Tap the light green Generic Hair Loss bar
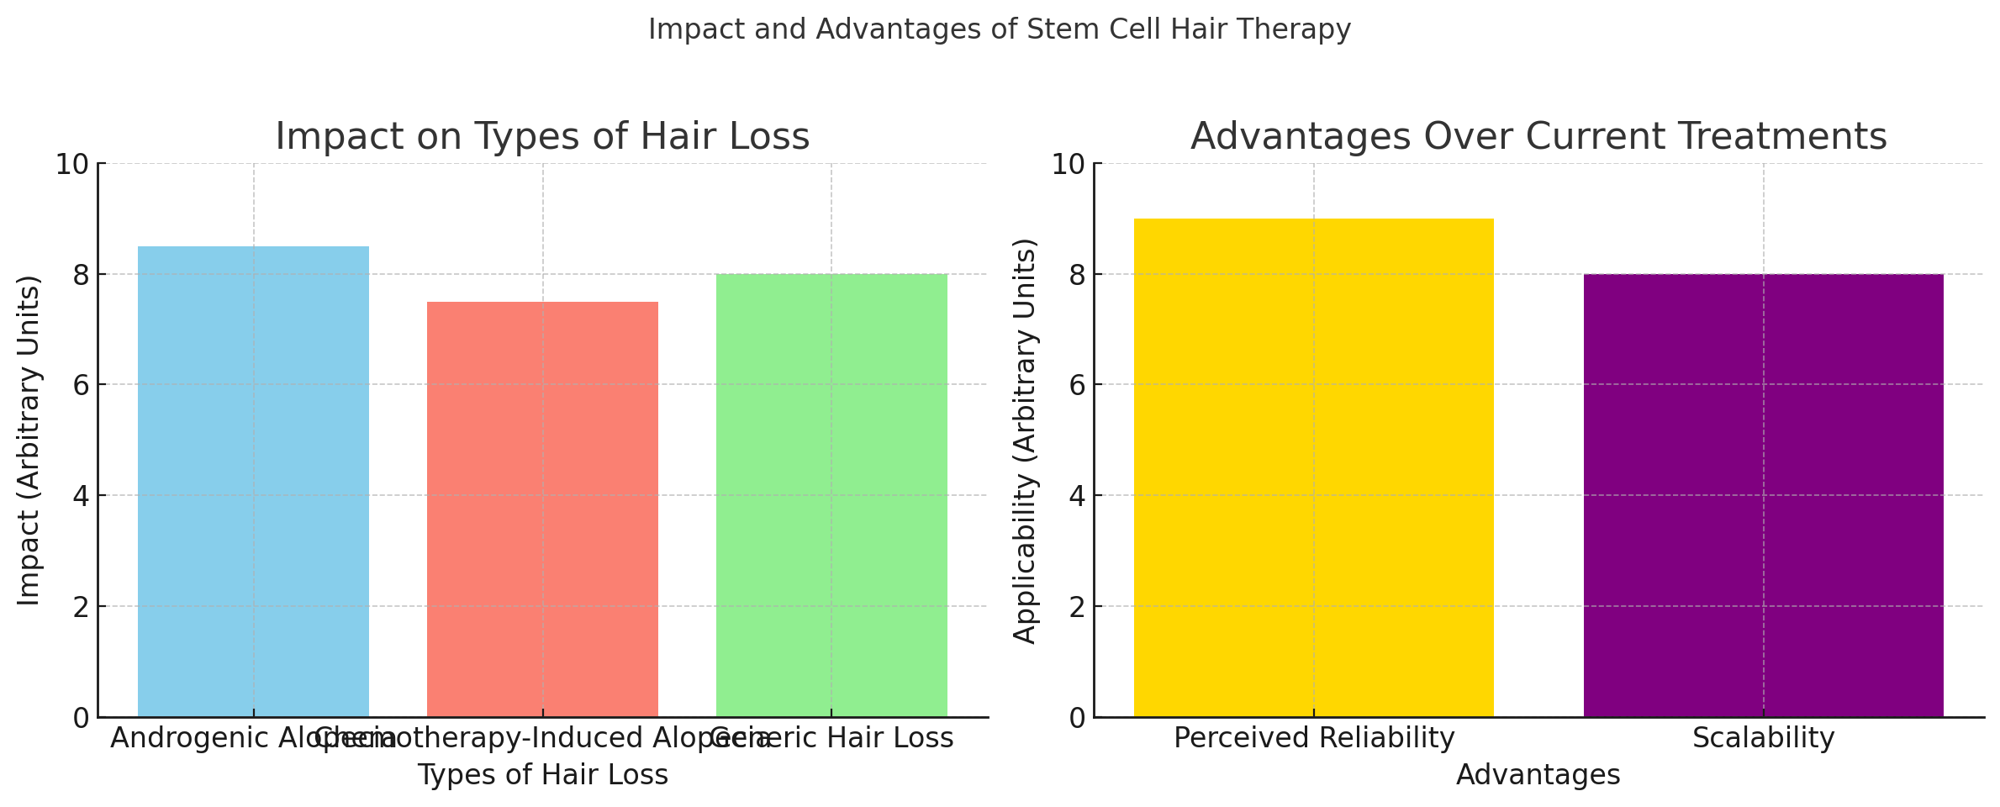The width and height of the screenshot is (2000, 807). (831, 495)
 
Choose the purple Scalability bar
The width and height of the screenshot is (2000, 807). (1763, 495)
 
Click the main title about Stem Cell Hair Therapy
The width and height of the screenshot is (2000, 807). (1000, 29)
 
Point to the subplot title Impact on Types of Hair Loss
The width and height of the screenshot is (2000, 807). (542, 137)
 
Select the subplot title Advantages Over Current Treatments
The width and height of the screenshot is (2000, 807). (1538, 137)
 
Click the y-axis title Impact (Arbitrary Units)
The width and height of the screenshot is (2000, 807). (29, 440)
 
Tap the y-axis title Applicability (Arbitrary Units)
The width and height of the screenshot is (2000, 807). (1025, 440)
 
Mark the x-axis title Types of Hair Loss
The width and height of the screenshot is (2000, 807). (542, 775)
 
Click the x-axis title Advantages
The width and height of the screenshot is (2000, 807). (1538, 775)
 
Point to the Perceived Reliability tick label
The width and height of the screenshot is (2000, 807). (1313, 738)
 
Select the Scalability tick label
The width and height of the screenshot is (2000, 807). (1763, 738)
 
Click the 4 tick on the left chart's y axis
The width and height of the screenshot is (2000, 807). (82, 496)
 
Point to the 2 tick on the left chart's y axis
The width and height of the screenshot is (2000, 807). (82, 607)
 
